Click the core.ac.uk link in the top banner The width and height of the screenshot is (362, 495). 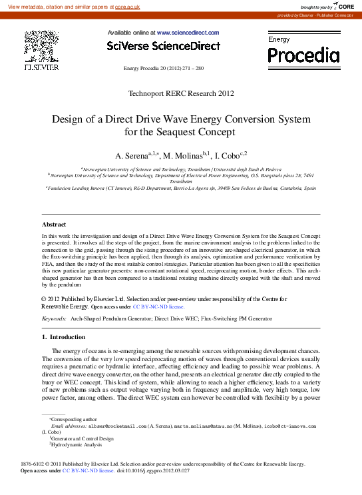coord(127,6)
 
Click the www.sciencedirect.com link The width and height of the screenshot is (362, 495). coord(188,33)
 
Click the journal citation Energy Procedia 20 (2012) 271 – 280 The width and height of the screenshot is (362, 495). coord(164,69)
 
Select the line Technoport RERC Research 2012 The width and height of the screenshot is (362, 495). coord(181,93)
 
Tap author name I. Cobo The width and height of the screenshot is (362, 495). coord(229,156)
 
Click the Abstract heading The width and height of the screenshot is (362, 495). coord(54,225)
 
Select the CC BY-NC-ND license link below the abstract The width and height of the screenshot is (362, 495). coord(158,307)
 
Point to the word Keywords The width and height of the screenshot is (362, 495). coord(54,319)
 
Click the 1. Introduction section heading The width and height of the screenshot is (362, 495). coord(59,338)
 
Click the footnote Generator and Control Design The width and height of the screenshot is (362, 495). coord(81,439)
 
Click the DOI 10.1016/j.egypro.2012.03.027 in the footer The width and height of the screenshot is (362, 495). coord(153,470)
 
